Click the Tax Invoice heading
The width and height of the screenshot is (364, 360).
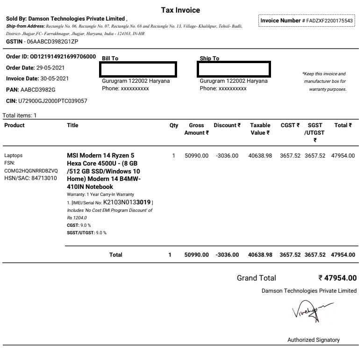[x=180, y=10]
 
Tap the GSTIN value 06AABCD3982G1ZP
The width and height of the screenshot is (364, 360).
[x=53, y=42]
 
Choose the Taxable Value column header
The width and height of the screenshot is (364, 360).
[x=260, y=129]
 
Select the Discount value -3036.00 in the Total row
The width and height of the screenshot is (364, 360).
[x=228, y=255]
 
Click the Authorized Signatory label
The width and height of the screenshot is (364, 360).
[x=314, y=340]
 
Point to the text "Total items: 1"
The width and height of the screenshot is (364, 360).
[x=20, y=115]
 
